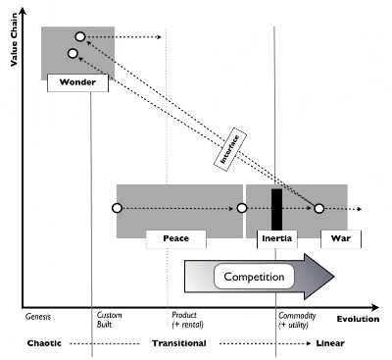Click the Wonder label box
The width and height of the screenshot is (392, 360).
point(77,82)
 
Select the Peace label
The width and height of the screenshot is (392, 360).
point(176,238)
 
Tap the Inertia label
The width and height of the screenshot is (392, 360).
point(276,238)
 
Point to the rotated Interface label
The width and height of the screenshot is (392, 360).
point(229,146)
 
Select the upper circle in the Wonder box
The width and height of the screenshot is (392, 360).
point(80,37)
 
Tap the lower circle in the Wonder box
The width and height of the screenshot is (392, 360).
point(73,53)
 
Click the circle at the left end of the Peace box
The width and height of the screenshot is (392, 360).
point(117,208)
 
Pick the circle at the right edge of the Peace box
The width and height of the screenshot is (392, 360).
point(241,208)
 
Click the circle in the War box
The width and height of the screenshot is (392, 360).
point(318,208)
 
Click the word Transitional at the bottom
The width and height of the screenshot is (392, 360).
point(178,344)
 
